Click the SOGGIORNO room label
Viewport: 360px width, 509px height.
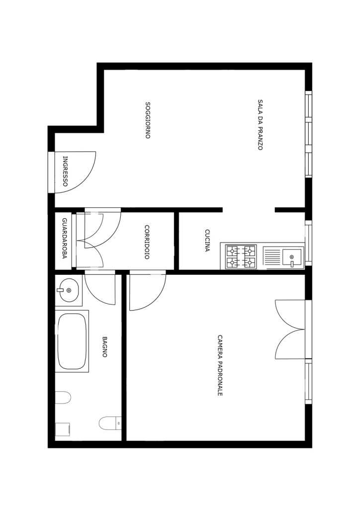[x=148, y=120]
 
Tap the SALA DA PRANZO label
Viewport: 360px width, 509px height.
[x=260, y=125]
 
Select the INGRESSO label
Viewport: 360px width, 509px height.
[x=65, y=171]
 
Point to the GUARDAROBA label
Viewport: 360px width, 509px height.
[x=64, y=238]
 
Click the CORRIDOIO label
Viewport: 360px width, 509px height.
[x=147, y=242]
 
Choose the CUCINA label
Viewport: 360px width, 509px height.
[x=207, y=241]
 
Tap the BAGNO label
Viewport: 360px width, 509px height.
[x=104, y=346]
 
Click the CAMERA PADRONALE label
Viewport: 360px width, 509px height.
[x=220, y=365]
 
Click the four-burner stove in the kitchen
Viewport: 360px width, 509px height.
[x=241, y=256]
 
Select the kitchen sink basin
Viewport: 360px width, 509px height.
[x=291, y=257]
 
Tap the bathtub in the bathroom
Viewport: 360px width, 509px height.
[x=72, y=341]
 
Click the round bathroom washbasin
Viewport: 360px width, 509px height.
[x=69, y=290]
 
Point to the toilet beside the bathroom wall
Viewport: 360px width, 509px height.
[x=110, y=423]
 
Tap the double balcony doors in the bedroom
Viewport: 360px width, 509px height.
[x=290, y=330]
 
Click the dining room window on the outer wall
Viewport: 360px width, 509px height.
[x=308, y=134]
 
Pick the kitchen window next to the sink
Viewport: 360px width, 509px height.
[x=308, y=243]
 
